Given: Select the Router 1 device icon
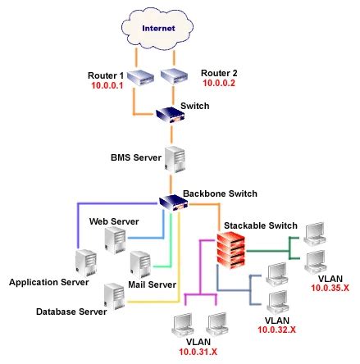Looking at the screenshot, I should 144,78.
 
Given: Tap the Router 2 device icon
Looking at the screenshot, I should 175,78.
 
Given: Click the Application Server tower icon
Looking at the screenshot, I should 84,262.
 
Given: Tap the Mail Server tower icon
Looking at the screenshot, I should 139,262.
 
